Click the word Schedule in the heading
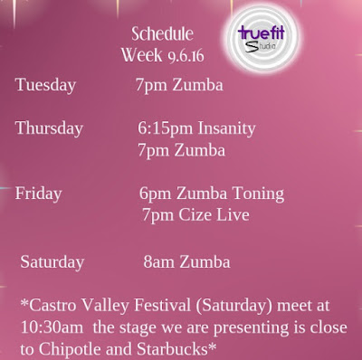pyautogui.click(x=162, y=33)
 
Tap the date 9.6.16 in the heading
pyautogui.click(x=186, y=56)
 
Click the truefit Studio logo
pyautogui.click(x=262, y=39)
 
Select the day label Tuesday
pyautogui.click(x=45, y=85)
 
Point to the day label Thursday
pyautogui.click(x=49, y=128)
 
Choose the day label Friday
pyautogui.click(x=38, y=194)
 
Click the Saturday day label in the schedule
pyautogui.click(x=52, y=261)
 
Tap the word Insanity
pyautogui.click(x=226, y=128)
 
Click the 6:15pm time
pyautogui.click(x=166, y=128)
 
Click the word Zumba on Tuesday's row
pyautogui.click(x=197, y=85)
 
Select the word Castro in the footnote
pyautogui.click(x=53, y=305)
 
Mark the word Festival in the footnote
pyautogui.click(x=162, y=305)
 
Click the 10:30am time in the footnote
pyautogui.click(x=52, y=327)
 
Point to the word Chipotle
pyautogui.click(x=71, y=349)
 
